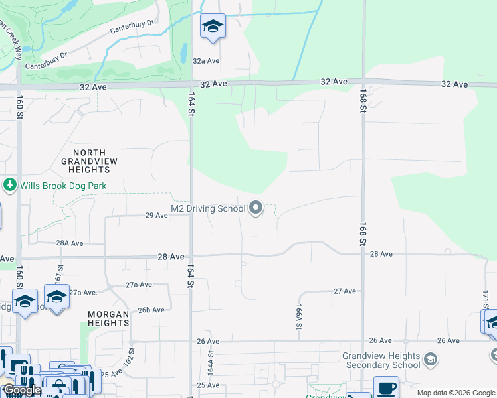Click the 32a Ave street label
click(x=206, y=60)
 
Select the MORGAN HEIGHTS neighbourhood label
click(x=108, y=318)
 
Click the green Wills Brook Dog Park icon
click(x=9, y=185)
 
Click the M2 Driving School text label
click(x=208, y=208)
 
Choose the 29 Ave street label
click(x=157, y=215)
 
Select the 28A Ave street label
click(x=69, y=243)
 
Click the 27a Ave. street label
click(x=140, y=285)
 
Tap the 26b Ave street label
click(x=151, y=310)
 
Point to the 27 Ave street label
click(x=345, y=291)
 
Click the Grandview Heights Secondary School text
click(x=381, y=360)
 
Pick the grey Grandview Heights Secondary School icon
click(x=431, y=360)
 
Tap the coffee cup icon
click(x=386, y=387)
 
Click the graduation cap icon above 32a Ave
click(x=213, y=26)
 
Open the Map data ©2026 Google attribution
click(x=456, y=393)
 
